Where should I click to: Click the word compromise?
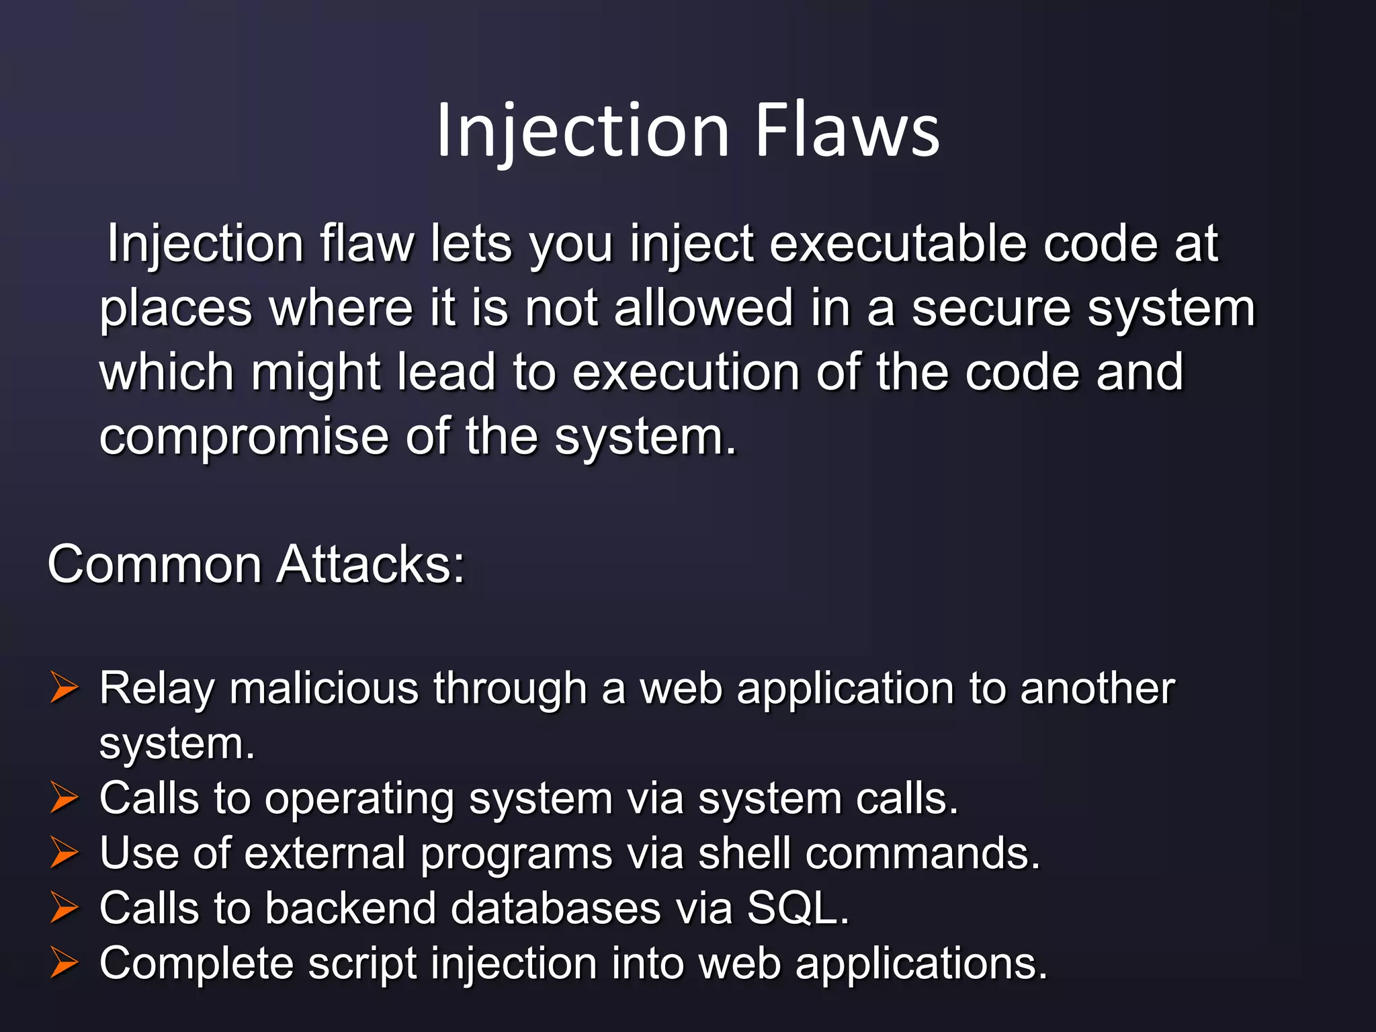tap(244, 437)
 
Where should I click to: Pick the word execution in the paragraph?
tap(685, 372)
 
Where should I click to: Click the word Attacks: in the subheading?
tap(370, 564)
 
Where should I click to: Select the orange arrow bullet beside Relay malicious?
tap(64, 689)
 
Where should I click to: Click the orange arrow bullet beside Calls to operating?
tap(64, 799)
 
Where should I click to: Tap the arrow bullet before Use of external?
tap(64, 854)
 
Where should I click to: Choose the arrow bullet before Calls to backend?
tap(64, 909)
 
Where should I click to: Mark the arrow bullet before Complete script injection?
tap(64, 964)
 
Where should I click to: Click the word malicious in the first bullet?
tap(324, 689)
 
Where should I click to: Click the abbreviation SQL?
tap(798, 909)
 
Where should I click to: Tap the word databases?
tap(556, 909)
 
